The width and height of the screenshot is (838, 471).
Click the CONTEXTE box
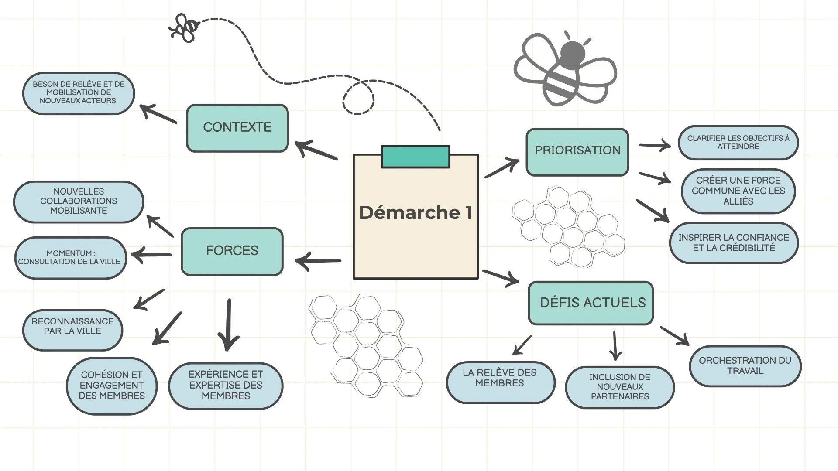(237, 128)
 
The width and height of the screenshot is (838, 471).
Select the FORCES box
(232, 251)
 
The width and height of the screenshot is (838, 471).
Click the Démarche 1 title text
(416, 213)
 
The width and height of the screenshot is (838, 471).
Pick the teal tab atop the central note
(416, 157)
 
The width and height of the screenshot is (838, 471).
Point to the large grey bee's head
(572, 53)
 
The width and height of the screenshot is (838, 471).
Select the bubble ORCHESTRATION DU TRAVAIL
(745, 366)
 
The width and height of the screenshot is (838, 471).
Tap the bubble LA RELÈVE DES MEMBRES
(500, 382)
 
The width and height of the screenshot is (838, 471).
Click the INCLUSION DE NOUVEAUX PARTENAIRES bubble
(620, 387)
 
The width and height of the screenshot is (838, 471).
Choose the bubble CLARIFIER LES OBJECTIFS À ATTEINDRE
(738, 143)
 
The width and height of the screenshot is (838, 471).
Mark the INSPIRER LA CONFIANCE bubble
(734, 243)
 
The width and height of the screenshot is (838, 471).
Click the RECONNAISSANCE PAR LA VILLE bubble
(72, 330)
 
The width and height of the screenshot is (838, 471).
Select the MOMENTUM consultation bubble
(70, 258)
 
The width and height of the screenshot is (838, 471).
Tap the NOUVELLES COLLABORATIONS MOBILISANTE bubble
(79, 201)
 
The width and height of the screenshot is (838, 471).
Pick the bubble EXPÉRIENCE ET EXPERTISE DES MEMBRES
(226, 386)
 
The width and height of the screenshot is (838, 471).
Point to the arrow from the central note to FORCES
(318, 261)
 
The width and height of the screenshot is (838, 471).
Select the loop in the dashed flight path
(358, 97)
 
